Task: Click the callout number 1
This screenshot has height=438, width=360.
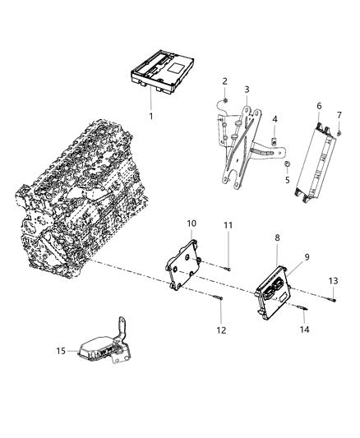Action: (150, 116)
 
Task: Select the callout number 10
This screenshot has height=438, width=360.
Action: (191, 224)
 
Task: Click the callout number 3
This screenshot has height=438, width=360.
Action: (246, 89)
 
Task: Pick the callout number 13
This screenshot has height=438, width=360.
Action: (333, 281)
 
